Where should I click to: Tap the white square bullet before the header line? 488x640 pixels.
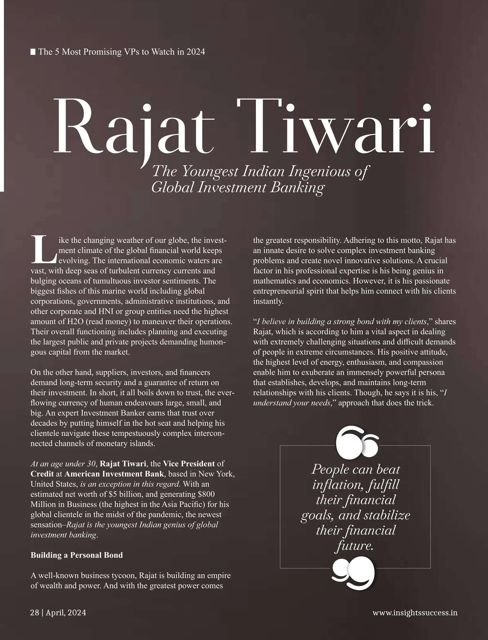[33, 52]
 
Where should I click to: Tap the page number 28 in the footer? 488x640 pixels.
[35, 612]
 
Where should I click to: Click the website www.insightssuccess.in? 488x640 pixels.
[415, 612]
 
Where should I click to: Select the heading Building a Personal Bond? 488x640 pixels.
[77, 555]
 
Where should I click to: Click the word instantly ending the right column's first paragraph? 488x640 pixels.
[268, 301]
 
